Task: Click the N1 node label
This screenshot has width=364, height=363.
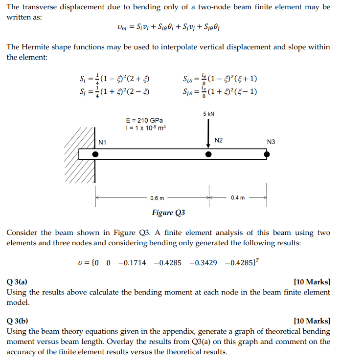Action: [x=102, y=142]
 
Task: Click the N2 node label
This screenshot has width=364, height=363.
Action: [x=219, y=140]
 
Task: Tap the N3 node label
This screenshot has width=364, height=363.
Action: [x=271, y=142]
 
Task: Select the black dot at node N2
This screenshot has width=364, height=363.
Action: [x=209, y=154]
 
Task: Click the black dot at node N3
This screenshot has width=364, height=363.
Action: [x=267, y=154]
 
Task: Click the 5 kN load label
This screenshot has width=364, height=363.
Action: [x=208, y=114]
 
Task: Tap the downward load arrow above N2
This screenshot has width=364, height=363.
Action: [x=209, y=132]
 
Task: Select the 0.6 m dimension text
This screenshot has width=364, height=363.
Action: [x=157, y=198]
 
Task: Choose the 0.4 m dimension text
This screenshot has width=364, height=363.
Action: [x=238, y=198]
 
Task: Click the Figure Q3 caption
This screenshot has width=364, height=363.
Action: [x=168, y=213]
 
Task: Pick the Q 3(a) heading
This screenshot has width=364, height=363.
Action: [x=17, y=282]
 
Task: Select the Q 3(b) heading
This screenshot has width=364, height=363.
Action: [x=17, y=321]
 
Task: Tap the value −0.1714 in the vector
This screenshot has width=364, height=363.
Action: [x=132, y=263]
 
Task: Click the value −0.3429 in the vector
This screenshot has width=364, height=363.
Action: [x=204, y=263]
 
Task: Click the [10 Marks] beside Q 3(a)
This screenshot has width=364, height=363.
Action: [x=312, y=282]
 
